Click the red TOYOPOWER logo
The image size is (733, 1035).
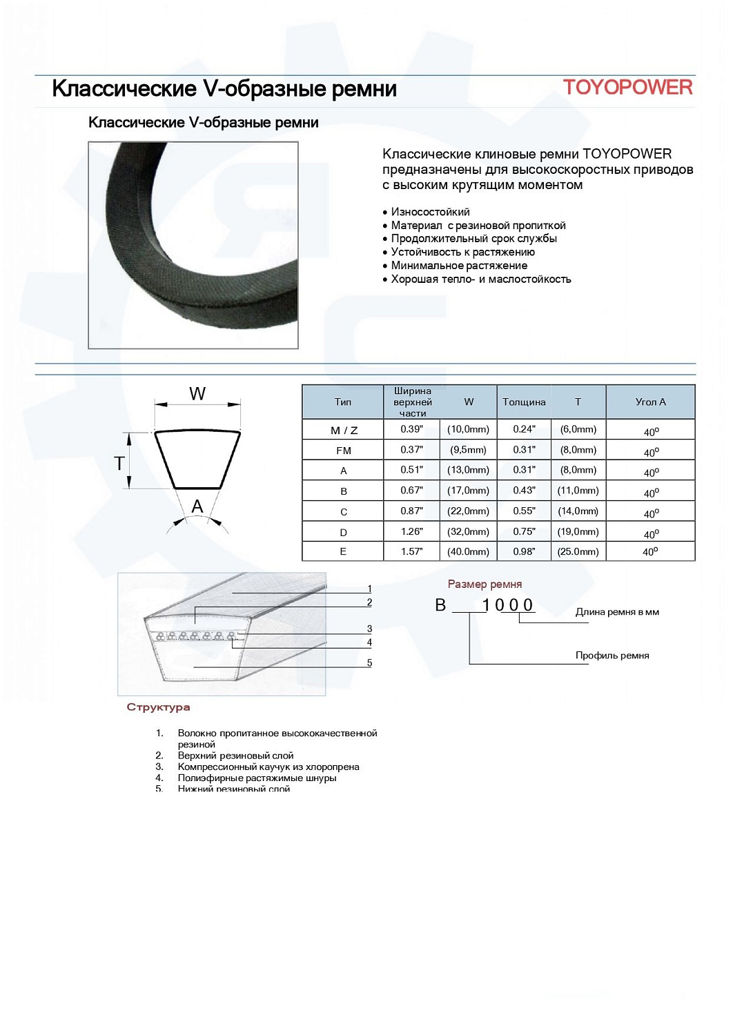point(627,88)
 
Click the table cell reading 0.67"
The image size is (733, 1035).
point(411,491)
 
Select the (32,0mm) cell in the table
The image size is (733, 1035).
point(468,532)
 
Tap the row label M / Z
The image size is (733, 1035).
point(344,431)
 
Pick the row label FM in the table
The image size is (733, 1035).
point(344,451)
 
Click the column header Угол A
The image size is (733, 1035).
point(650,402)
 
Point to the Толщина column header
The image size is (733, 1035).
point(524,402)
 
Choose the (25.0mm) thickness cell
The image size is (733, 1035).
point(578,552)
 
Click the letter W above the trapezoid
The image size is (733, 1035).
point(197,394)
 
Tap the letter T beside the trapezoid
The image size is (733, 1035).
point(119,463)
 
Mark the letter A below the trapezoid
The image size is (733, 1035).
point(197,507)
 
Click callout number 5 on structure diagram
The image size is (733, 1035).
point(369,663)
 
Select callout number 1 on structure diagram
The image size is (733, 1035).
point(369,589)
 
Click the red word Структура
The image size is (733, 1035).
point(158,707)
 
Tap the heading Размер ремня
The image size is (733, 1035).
point(485,584)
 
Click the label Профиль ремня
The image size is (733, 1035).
point(612,655)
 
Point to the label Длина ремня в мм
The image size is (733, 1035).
point(617,612)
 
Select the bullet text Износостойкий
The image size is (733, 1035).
point(430,212)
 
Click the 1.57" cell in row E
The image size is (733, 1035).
point(411,552)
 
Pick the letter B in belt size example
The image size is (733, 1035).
point(440,605)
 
